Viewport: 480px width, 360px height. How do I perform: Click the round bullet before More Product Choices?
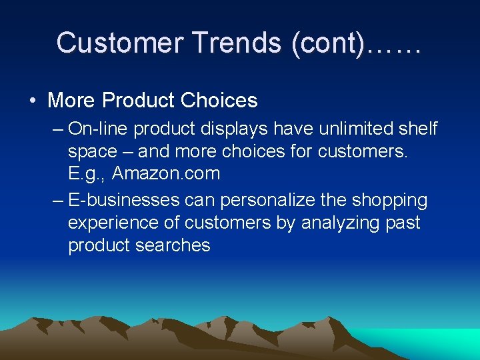click(x=33, y=101)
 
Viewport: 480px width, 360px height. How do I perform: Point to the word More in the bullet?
click(x=71, y=101)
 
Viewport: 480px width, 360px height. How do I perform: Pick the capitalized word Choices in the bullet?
click(x=223, y=101)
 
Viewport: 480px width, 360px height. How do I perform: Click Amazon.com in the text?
click(x=166, y=174)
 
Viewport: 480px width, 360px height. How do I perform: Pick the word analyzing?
click(x=339, y=223)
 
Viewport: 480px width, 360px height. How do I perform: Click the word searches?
click(x=173, y=245)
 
